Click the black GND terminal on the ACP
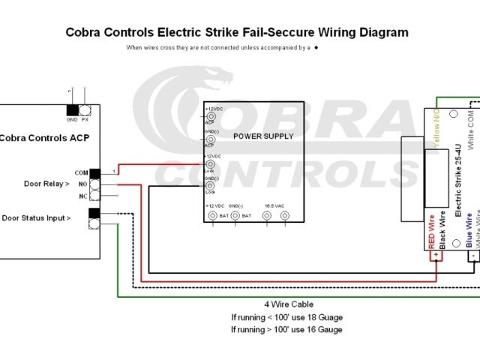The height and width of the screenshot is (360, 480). (72, 109)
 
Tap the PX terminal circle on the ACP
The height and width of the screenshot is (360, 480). (85, 109)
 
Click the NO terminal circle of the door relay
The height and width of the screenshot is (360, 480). (94, 184)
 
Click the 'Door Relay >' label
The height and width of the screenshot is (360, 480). (46, 184)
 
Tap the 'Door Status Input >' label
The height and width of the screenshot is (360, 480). (37, 218)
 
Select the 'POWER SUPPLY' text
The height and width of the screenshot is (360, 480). (262, 136)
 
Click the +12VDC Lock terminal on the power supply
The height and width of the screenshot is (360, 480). (211, 163)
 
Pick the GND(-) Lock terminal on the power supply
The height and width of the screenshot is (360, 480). (211, 184)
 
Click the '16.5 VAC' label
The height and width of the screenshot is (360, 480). (275, 205)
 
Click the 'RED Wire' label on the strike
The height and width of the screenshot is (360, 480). (431, 232)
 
